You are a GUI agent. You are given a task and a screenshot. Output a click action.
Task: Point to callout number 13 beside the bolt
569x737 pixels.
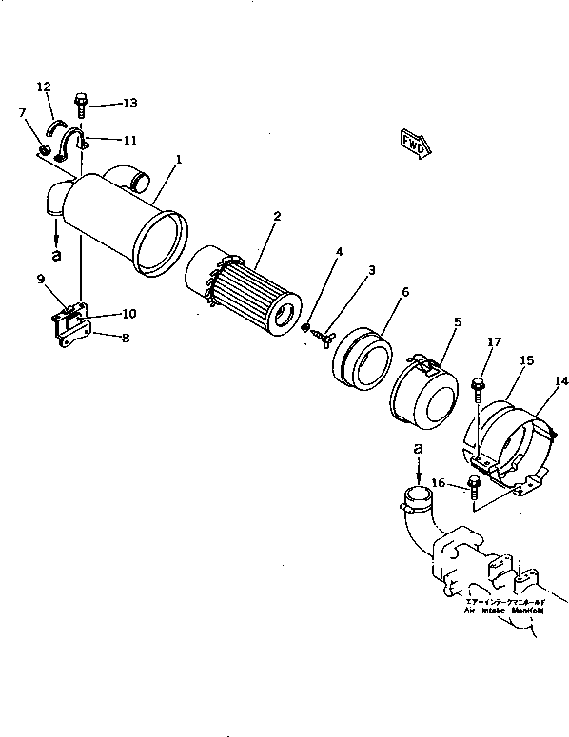click(x=129, y=103)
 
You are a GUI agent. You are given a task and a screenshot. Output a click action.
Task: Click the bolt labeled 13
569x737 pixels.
click(x=83, y=104)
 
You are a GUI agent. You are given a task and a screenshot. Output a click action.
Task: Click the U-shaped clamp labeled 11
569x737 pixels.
click(x=74, y=145)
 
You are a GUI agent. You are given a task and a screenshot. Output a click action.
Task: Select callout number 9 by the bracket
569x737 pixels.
click(x=41, y=279)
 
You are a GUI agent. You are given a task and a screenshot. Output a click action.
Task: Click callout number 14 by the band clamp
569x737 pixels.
click(x=562, y=381)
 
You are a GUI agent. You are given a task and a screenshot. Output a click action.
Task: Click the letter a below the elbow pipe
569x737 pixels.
click(x=56, y=255)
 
